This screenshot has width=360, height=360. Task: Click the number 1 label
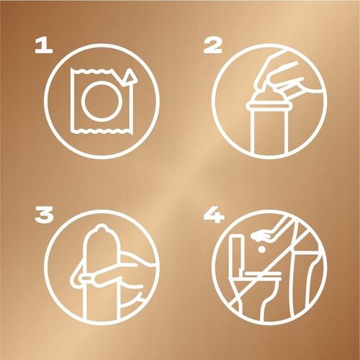click(44, 46)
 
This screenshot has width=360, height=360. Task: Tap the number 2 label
click(212, 46)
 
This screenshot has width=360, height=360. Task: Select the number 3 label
click(44, 215)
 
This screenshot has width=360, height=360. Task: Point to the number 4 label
click(214, 215)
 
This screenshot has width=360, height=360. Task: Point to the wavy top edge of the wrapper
click(92, 71)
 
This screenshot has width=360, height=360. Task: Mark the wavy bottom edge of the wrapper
click(102, 130)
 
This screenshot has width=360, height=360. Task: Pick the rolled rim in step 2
click(267, 106)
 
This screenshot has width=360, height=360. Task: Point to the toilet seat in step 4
click(262, 274)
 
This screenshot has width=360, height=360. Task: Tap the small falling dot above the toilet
click(261, 250)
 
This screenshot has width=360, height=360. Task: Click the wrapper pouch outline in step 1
click(73, 101)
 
